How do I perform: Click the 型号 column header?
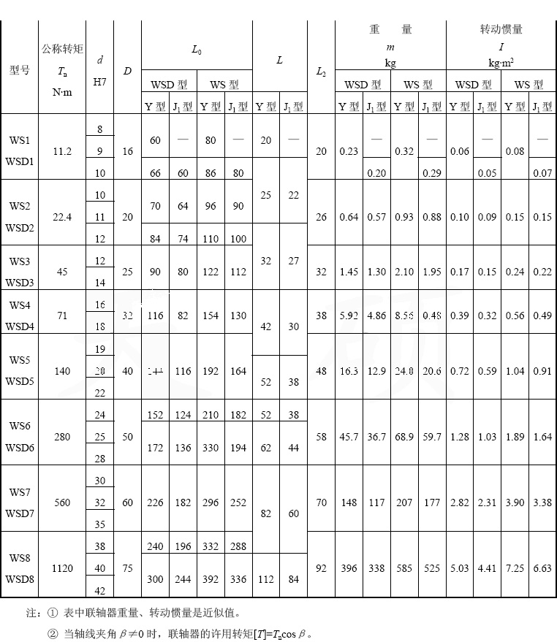coord(19,70)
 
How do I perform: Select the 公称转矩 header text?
coord(62,50)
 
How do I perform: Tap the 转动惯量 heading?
coord(501,30)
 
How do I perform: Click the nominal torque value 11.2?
coord(62,151)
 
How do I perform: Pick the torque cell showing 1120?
coord(62,568)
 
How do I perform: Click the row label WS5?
coord(20,360)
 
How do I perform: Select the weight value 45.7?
coord(349,437)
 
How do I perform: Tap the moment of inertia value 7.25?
coord(515,568)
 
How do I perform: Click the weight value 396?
coord(349,568)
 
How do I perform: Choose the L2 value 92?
coord(321,568)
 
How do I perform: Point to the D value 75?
coord(127,568)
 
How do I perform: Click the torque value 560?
coord(62,502)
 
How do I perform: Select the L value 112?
coord(265,579)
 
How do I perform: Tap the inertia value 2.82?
coord(460,502)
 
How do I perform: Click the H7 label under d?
coord(99,83)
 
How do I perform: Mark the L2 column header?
coord(321,72)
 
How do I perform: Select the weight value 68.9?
coord(404,437)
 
